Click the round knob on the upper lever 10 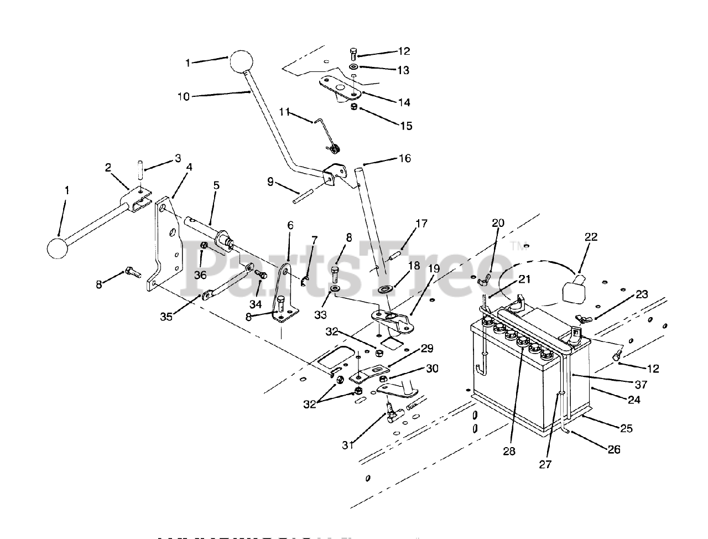point(241,62)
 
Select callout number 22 point(591,237)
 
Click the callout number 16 point(404,159)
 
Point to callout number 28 point(509,451)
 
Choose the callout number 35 point(166,317)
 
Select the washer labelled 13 point(353,70)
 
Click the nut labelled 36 point(204,245)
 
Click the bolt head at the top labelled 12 point(353,54)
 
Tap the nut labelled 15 point(353,107)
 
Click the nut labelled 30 point(383,379)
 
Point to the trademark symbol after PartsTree point(515,244)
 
